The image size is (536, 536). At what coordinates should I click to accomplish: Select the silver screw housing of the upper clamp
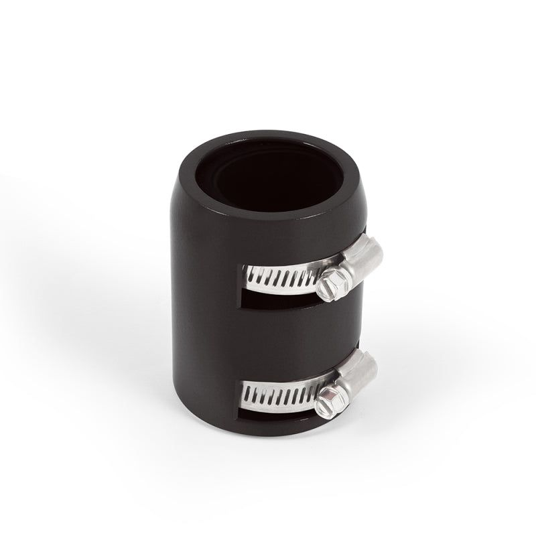tap(358, 260)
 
